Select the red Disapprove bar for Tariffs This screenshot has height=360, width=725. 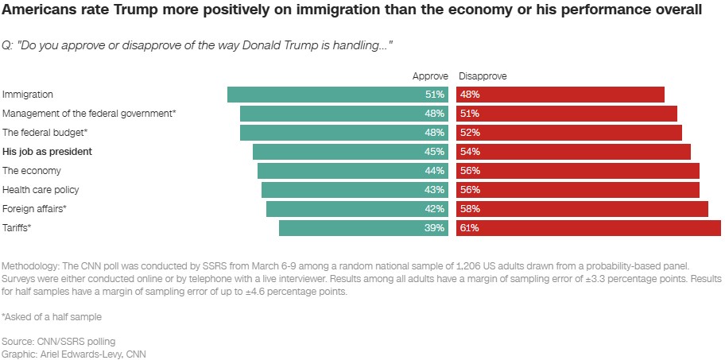pyautogui.click(x=588, y=228)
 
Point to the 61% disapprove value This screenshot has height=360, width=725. pyautogui.click(x=469, y=228)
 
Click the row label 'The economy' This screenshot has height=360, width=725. pyautogui.click(x=32, y=171)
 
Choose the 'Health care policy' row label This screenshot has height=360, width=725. pyautogui.click(x=41, y=190)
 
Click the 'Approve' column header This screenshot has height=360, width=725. pyautogui.click(x=430, y=76)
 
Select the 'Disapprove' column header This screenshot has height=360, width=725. pyautogui.click(x=483, y=76)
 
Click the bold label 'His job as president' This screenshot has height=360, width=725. pyautogui.click(x=48, y=152)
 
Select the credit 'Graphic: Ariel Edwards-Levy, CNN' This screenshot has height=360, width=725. pyautogui.click(x=74, y=354)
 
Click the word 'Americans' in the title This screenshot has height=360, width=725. pyautogui.click(x=37, y=11)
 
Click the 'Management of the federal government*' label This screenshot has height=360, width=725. pyautogui.click(x=89, y=114)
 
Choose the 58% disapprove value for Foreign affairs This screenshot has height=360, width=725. pyautogui.click(x=469, y=209)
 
